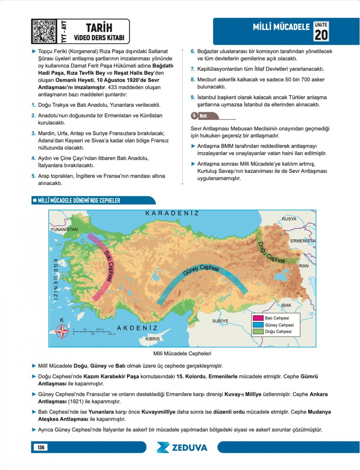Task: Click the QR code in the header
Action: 44,31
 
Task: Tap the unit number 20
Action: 321,35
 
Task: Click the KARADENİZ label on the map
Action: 172,213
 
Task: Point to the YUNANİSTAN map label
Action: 64,229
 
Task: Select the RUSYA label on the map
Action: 289,219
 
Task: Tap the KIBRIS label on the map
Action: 153,339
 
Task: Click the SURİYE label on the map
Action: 220,321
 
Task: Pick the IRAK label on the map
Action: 286,305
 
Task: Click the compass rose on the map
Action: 62,332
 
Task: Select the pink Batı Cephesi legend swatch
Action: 258,318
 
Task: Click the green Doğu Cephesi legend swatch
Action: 258,332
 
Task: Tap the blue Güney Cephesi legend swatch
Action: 258,325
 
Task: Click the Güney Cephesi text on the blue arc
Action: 201,269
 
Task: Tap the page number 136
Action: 41,447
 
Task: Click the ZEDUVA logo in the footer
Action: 182,447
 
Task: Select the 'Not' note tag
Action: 201,116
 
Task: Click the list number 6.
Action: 193,51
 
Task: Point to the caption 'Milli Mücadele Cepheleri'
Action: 182,353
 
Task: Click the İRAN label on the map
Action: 303,266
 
